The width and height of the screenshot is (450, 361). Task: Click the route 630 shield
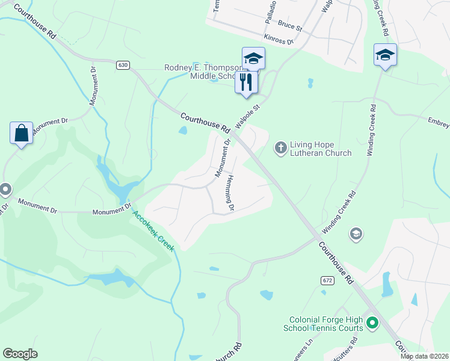tap(123, 65)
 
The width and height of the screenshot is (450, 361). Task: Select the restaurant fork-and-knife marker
tap(245, 82)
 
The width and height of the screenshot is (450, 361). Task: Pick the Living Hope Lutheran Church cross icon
tap(280, 147)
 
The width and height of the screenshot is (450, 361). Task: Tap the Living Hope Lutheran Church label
tap(321, 149)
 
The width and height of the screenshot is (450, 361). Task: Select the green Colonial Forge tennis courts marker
tap(372, 324)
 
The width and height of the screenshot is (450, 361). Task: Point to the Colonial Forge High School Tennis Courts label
tap(325, 324)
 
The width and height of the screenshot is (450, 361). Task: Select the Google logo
tap(20, 354)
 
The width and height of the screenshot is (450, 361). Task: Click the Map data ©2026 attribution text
tap(424, 356)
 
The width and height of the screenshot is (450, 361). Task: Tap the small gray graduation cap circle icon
tap(356, 233)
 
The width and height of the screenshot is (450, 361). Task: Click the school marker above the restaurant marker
tap(253, 59)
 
